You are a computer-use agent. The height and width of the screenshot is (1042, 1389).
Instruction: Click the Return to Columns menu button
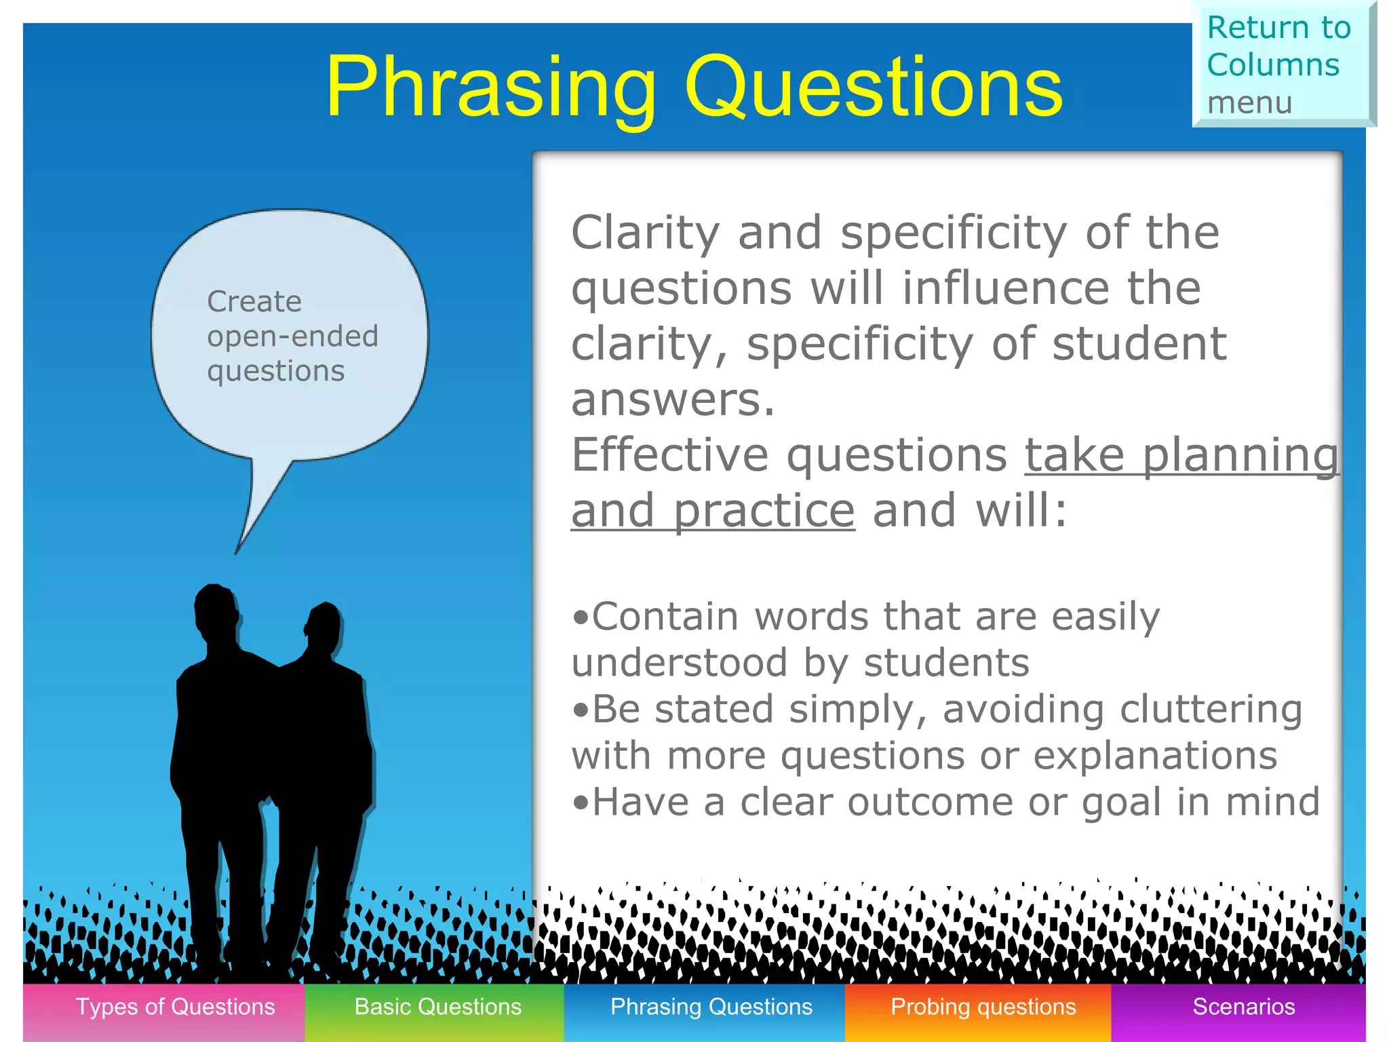click(x=1282, y=64)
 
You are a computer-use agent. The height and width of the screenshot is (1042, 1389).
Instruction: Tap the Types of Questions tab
click(x=175, y=1007)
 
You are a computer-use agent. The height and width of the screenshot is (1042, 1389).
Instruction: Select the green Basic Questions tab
click(x=437, y=1007)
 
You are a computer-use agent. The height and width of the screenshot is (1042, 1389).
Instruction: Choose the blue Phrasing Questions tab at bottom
click(x=711, y=1007)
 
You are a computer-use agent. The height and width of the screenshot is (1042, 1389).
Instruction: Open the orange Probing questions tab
click(x=983, y=1007)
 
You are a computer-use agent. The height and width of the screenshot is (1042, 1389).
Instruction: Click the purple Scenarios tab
click(x=1243, y=1007)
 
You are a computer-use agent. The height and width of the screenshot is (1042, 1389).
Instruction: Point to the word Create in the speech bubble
click(x=254, y=301)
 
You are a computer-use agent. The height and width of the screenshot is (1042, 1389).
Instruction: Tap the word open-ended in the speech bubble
click(x=292, y=336)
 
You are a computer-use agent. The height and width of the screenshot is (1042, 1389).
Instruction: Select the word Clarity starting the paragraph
click(x=645, y=233)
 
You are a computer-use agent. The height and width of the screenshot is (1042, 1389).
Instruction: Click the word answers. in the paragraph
click(x=672, y=400)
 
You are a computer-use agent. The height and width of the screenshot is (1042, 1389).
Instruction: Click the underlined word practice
click(x=764, y=511)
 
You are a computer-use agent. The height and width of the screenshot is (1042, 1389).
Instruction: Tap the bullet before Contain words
click(x=581, y=618)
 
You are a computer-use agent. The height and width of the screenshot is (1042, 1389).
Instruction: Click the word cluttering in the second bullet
click(x=1211, y=710)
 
